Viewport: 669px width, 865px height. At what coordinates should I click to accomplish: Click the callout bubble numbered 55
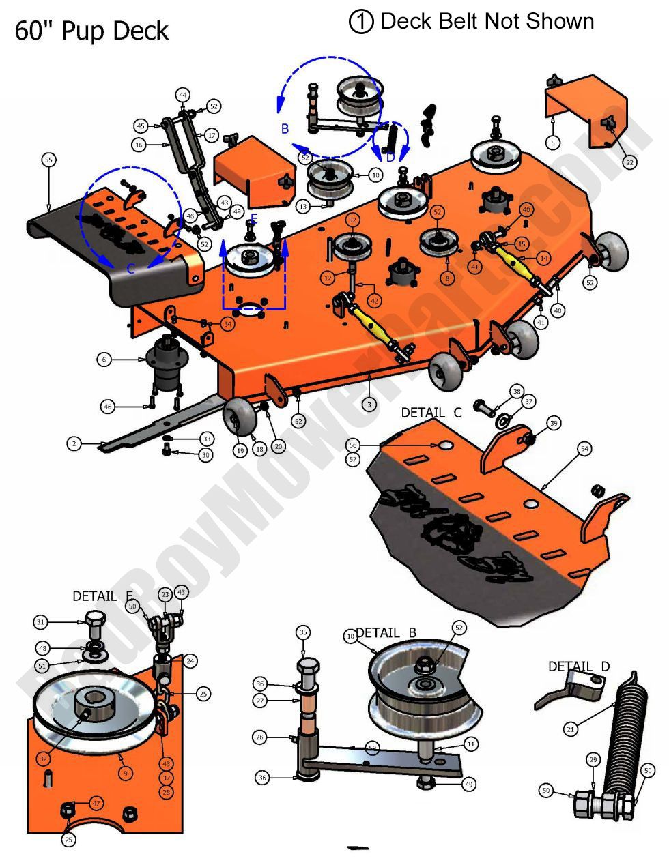point(48,160)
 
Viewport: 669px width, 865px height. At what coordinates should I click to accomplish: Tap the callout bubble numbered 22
point(629,162)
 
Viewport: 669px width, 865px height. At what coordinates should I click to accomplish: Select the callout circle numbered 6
point(104,360)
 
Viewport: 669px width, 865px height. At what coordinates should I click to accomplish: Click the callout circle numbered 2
point(74,444)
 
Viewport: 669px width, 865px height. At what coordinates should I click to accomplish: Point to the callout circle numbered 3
point(369,404)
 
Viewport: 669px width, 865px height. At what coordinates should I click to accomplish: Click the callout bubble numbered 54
point(584,448)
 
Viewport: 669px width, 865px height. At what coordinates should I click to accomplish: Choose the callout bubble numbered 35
point(304,632)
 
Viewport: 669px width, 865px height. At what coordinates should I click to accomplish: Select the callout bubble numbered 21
point(571,729)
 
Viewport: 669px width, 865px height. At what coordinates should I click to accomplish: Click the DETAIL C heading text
point(431,413)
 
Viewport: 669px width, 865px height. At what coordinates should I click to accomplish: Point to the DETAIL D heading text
point(579,666)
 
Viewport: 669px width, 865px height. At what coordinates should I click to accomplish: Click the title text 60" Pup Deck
point(91,31)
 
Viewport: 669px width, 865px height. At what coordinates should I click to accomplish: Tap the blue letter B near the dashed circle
point(285,128)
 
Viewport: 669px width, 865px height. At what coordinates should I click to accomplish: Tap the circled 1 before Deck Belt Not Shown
point(361,22)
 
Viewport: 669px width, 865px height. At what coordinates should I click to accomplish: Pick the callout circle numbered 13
point(304,206)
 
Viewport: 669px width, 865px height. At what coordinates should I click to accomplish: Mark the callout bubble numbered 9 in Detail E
point(126,774)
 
